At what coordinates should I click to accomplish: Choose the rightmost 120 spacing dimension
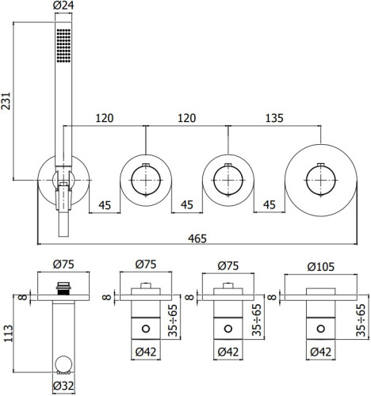[x=186, y=118]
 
